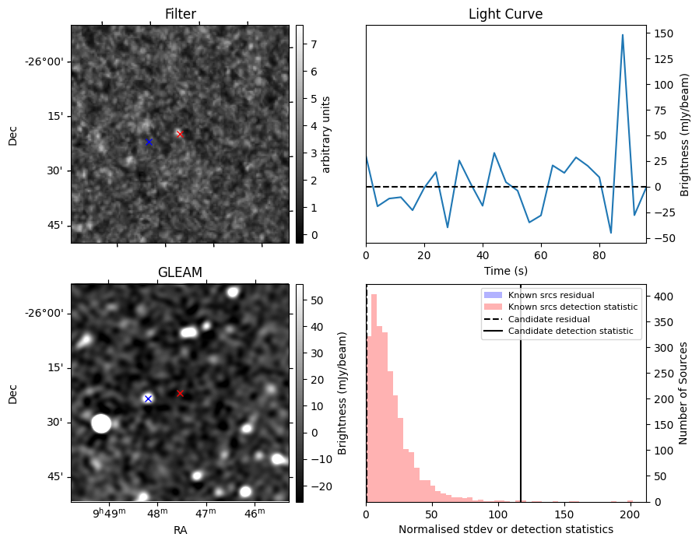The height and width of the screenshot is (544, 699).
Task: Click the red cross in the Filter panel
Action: [x=180, y=134]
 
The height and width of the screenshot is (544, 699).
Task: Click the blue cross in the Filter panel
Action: [x=149, y=142]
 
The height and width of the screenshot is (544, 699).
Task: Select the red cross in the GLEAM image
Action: [x=180, y=393]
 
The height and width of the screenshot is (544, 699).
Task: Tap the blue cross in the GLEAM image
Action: [x=148, y=398]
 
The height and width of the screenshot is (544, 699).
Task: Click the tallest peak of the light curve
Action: [x=623, y=35]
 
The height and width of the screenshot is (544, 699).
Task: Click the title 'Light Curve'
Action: [x=505, y=14]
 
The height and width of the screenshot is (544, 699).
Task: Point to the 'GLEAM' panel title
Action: [x=180, y=272]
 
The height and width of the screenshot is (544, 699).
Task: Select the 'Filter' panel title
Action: [x=180, y=14]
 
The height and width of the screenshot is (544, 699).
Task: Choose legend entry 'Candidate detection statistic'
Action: [x=572, y=332]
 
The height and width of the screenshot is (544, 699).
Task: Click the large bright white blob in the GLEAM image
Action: [x=101, y=423]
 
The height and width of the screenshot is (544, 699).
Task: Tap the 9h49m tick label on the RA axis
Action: [x=108, y=514]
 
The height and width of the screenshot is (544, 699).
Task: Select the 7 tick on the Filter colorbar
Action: [x=310, y=44]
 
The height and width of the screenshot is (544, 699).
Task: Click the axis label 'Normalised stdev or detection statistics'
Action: [x=505, y=529]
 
